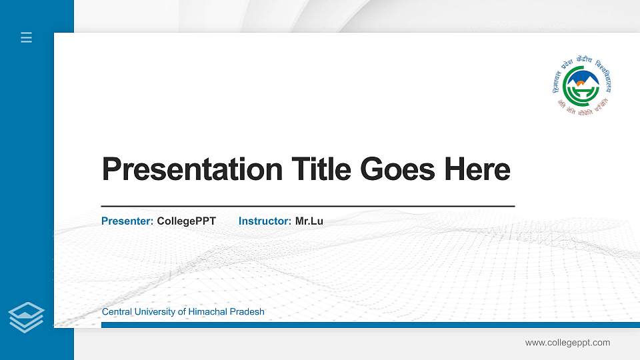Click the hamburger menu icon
[26, 37]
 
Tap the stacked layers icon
[26, 317]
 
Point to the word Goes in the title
[399, 169]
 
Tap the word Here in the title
[477, 169]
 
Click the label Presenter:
[127, 221]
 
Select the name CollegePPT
[187, 221]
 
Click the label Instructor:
[265, 221]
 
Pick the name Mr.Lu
[309, 221]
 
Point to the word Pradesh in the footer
[247, 312]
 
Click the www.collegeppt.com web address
[567, 343]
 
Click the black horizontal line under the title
[307, 206]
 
